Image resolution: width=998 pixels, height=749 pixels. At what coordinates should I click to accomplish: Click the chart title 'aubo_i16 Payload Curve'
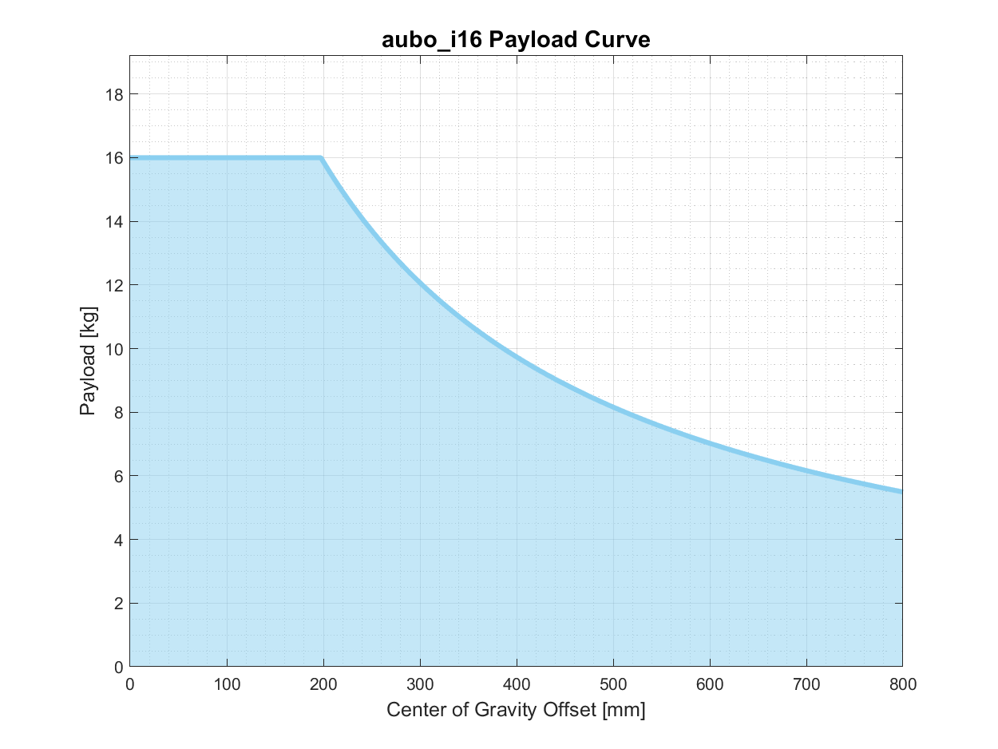pos(516,40)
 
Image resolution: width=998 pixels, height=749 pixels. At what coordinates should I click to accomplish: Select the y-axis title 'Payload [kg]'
pos(88,361)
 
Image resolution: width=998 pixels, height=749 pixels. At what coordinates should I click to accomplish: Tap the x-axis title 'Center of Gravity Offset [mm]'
pos(516,710)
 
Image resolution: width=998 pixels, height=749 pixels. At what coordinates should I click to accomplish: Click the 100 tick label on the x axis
pos(227,684)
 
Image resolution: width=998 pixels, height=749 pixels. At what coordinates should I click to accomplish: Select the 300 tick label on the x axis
pos(420,684)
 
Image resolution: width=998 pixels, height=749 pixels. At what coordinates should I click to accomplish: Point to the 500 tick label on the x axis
pos(613,684)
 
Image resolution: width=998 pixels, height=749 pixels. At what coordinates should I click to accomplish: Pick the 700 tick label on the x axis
pos(806,684)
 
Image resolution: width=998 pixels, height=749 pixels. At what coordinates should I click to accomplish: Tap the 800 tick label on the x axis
pos(902,684)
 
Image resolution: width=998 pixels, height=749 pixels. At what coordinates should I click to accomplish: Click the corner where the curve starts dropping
pos(321,158)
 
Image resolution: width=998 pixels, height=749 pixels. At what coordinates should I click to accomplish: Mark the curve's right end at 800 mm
pos(901,491)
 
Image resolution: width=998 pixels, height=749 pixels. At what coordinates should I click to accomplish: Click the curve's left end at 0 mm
pos(131,158)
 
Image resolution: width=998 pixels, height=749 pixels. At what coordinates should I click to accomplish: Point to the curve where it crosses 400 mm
pos(517,354)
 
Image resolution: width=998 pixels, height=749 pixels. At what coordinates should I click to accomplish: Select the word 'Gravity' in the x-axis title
pos(517,710)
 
